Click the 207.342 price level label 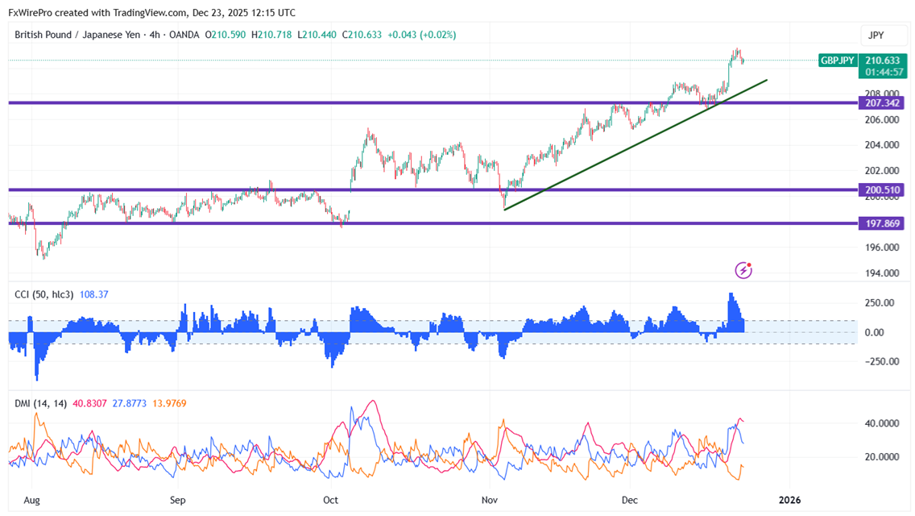(x=882, y=103)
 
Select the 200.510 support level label (x=882, y=190)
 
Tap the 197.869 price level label (x=882, y=223)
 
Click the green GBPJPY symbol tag (x=838, y=60)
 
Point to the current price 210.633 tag (x=882, y=60)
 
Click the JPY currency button (x=877, y=35)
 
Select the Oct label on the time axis (x=330, y=500)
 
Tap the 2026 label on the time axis (x=789, y=500)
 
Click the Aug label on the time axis (x=31, y=500)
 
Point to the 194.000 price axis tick (x=881, y=273)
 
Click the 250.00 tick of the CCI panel (x=878, y=303)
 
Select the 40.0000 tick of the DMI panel (x=880, y=423)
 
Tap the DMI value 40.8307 (x=85, y=403)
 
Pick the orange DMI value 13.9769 (x=167, y=403)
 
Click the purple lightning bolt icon (x=743, y=270)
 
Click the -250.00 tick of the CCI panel (x=876, y=361)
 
